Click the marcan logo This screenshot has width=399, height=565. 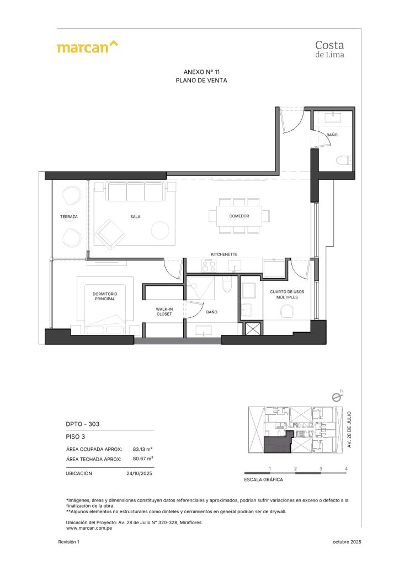coord(87,46)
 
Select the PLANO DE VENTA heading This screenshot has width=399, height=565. coord(201,81)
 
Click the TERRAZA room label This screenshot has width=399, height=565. coord(69,217)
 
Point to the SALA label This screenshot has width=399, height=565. coord(135,217)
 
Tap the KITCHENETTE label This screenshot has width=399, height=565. coord(224,254)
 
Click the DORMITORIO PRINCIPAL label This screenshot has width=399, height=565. coord(104,296)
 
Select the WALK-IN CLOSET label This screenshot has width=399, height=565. coord(164,311)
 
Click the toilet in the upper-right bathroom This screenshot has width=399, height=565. coord(345,161)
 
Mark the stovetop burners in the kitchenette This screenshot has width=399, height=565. coord(209,266)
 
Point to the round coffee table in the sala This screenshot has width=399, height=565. coord(161,230)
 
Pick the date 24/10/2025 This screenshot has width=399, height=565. coord(140,473)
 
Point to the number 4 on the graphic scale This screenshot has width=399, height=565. coord(346,469)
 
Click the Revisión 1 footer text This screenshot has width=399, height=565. coord(68,543)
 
